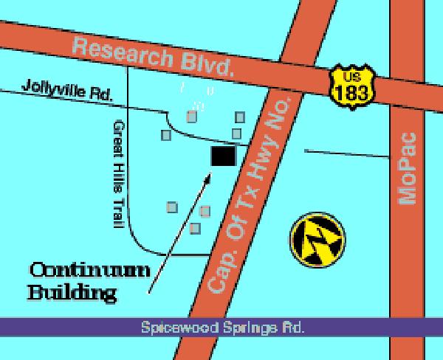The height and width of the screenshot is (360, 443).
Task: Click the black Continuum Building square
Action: click(x=223, y=156)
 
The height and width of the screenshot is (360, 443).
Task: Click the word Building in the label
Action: click(x=72, y=293)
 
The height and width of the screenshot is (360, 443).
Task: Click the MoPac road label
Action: click(x=407, y=168)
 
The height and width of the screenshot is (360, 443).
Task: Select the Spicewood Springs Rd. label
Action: click(x=223, y=326)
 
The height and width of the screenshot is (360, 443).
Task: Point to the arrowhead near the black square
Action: click(x=211, y=175)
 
